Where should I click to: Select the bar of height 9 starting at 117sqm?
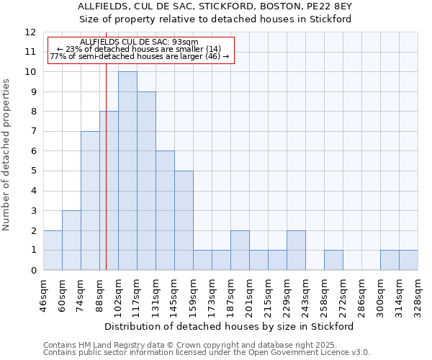[x=146, y=181]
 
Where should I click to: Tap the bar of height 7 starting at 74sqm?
[x=90, y=201]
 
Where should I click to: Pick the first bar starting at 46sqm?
[x=53, y=251]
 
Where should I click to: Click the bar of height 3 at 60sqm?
[x=71, y=240]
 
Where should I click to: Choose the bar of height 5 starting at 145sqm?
[x=184, y=220]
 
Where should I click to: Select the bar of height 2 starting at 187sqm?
[x=240, y=251]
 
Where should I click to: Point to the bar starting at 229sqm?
[x=296, y=251]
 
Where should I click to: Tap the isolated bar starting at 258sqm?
[x=333, y=260]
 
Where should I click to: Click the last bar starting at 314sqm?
[x=408, y=260]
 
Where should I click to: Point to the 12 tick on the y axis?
[x=30, y=32]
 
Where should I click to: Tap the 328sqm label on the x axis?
[x=418, y=294]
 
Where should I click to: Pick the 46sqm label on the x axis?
[x=44, y=294]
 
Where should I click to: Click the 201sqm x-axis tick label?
[x=250, y=294]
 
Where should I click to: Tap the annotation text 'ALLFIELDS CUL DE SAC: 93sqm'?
[x=139, y=42]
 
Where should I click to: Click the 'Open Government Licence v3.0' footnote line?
[x=207, y=353]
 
